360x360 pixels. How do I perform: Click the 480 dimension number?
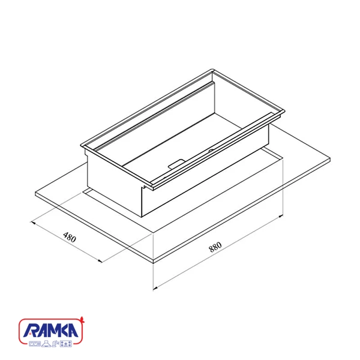70,238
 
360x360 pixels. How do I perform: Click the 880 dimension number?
215,247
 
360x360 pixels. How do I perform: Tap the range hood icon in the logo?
46,344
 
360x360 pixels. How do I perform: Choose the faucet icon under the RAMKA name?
55,344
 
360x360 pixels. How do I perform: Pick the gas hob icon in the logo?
66,344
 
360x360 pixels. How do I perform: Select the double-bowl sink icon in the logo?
35,344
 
